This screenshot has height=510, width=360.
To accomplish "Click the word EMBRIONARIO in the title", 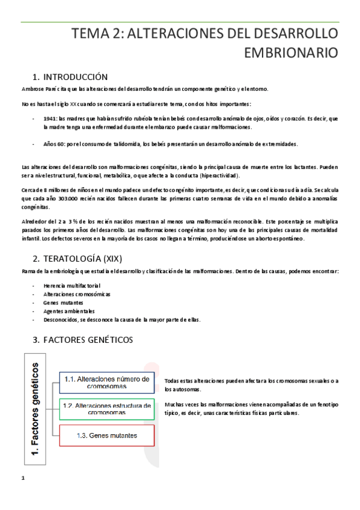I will click(291, 52).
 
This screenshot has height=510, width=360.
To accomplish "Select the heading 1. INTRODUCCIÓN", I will click(70, 77).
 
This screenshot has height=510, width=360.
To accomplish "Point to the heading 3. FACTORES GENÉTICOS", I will click(83, 340).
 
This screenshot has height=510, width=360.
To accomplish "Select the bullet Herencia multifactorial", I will click(72, 285).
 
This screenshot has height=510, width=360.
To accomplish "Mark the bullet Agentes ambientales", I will click(69, 311).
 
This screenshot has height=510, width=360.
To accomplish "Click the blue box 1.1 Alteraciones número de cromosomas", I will click(107, 382).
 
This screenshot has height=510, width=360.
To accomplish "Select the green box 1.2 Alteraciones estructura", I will click(107, 409).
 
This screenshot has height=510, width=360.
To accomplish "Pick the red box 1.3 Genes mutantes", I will click(107, 435).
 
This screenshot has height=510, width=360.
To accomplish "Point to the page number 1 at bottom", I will click(22, 478).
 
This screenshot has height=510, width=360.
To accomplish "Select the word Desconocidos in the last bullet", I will click(61, 320).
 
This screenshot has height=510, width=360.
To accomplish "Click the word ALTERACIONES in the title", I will click(188, 32).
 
